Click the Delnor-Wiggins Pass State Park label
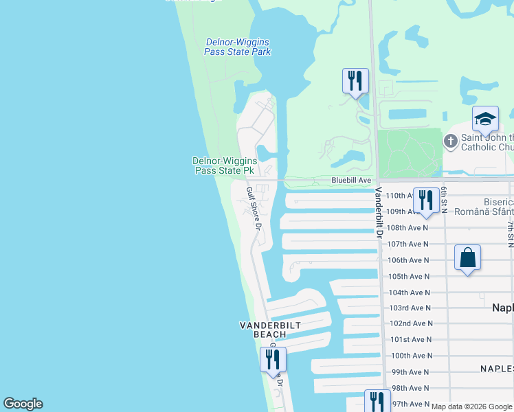pos(238,47)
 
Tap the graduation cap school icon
pos(485,120)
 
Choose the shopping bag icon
pos(467,258)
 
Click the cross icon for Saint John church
pos(451,141)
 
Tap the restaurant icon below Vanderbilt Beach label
pos(273,359)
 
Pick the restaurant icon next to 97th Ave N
pos(377,402)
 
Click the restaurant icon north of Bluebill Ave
pos(355,80)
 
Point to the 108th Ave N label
pos(407,227)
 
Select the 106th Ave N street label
pos(407,260)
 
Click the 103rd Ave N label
pos(410,308)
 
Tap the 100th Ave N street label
pos(412,356)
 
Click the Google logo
pos(23,404)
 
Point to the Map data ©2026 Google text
pos(471,407)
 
